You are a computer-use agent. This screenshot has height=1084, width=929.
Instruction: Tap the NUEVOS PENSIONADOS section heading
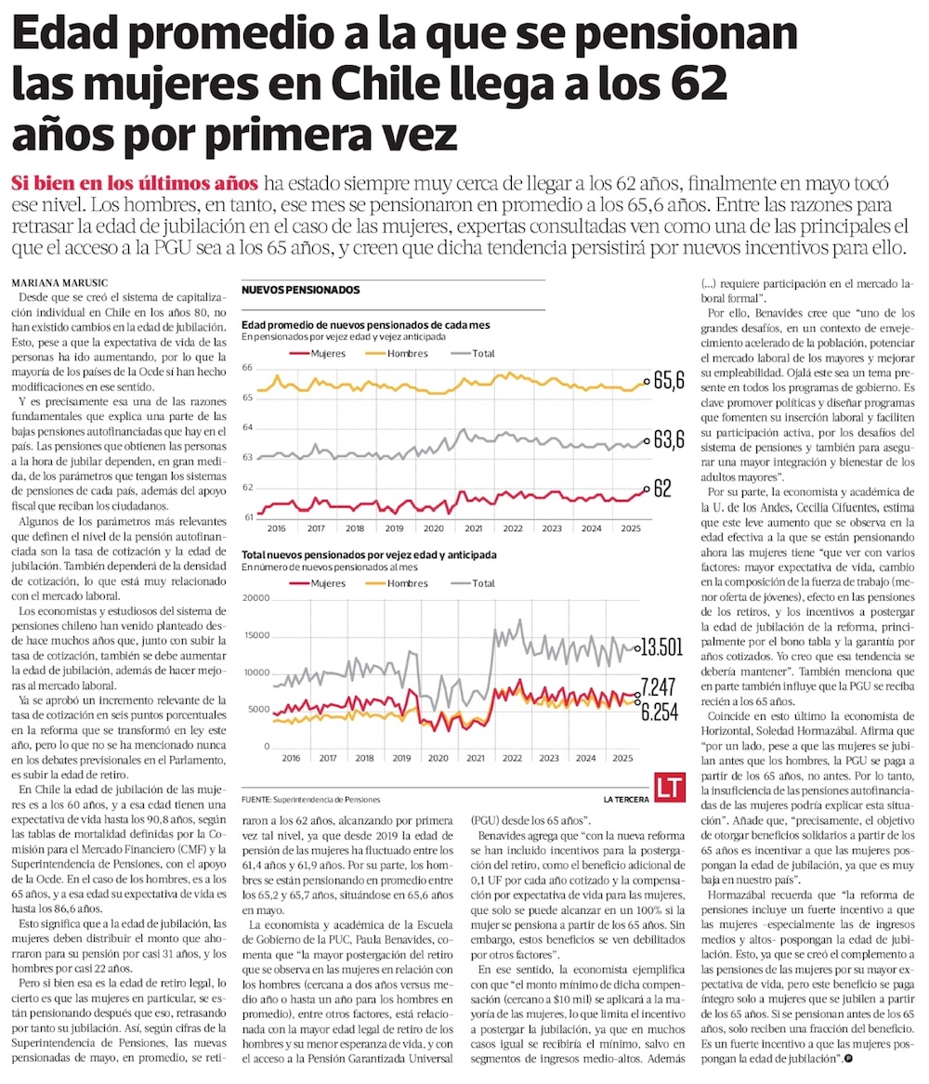click(x=300, y=290)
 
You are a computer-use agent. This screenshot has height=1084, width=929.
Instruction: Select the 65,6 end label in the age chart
click(x=668, y=380)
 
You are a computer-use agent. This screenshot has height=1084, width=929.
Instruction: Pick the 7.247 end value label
click(x=659, y=689)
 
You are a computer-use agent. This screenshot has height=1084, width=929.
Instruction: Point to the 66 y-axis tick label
click(x=248, y=369)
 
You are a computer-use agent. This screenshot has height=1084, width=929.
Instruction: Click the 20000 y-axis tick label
click(x=255, y=598)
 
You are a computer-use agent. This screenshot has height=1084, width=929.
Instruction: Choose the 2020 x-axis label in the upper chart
click(x=433, y=528)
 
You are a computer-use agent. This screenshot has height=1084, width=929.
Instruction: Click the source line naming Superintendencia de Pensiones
click(x=309, y=799)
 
